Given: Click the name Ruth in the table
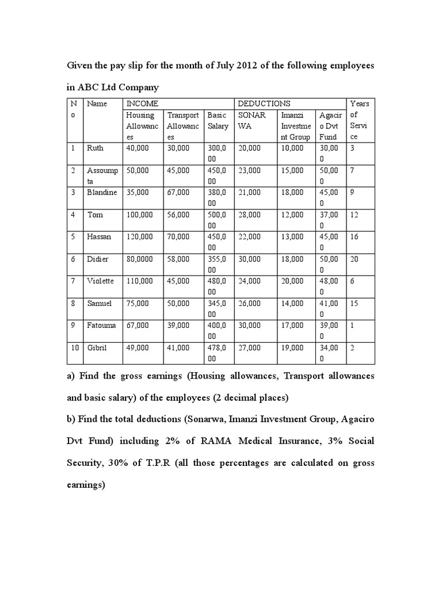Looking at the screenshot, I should (x=95, y=148).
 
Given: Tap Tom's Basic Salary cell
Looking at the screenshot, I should (x=218, y=219).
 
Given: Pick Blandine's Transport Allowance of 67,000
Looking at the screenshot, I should (x=178, y=192).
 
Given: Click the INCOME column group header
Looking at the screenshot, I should (x=142, y=104).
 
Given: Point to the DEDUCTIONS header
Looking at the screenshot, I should (x=264, y=104).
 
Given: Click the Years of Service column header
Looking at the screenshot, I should (x=360, y=120).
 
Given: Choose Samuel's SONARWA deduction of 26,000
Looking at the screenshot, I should (x=249, y=303).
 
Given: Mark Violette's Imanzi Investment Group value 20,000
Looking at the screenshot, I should (x=292, y=281).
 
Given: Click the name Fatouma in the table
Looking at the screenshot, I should (x=101, y=325).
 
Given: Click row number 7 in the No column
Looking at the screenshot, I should (x=73, y=281).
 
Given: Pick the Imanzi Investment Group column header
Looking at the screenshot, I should (x=295, y=125).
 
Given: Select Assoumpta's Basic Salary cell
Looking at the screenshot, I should (x=218, y=175).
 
